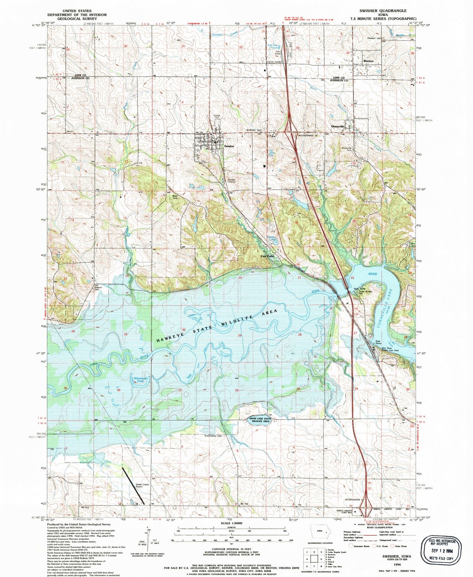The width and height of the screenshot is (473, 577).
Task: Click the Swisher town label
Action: tap(229, 146)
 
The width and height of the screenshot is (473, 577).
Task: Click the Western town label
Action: tap(368, 61)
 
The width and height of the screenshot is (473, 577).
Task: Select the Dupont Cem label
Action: tap(98, 289)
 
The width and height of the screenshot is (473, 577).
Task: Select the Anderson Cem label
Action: tap(254, 130)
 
